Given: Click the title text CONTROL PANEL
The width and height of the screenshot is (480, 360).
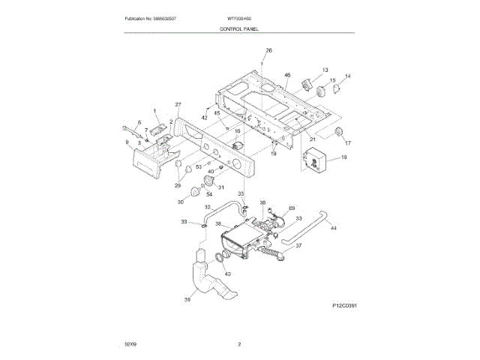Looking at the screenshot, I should tap(239, 27).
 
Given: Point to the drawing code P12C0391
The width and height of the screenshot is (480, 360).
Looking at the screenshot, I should tap(341, 306).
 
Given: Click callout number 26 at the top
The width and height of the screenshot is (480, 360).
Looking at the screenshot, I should tap(268, 50).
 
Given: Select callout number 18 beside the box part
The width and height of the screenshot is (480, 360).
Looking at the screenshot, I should tap(344, 157).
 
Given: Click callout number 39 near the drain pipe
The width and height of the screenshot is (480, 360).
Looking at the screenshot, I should tap(187, 300).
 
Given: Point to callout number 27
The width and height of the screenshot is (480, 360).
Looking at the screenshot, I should tap(178, 104).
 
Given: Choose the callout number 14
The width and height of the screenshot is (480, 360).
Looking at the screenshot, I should tap(347, 76).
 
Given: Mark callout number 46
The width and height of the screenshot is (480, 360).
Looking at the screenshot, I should tap(286, 75).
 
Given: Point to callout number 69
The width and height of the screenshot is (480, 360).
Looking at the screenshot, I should tap(292, 208).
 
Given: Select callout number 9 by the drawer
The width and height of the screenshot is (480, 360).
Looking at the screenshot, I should tap(127, 141).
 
